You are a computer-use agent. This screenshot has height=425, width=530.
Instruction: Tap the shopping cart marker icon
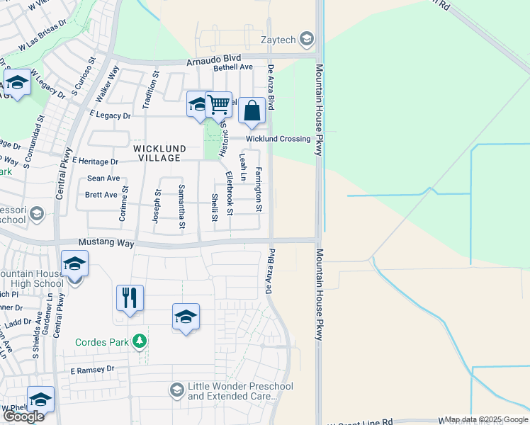219,105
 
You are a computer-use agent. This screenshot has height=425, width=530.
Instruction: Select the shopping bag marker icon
252,110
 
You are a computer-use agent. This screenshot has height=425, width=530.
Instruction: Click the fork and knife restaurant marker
130,297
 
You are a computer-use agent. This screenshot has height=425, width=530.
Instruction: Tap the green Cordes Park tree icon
140,341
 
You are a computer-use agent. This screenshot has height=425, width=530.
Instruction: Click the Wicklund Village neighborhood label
160,153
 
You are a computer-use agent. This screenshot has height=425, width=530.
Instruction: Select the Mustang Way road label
106,243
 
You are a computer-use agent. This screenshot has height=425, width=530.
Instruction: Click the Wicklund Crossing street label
278,139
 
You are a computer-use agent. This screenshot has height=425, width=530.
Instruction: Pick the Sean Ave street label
103,178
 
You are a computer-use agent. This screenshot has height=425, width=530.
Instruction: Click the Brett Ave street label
101,195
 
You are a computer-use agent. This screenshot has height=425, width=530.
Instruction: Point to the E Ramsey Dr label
91,370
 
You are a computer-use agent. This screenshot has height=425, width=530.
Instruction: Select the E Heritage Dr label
94,161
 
